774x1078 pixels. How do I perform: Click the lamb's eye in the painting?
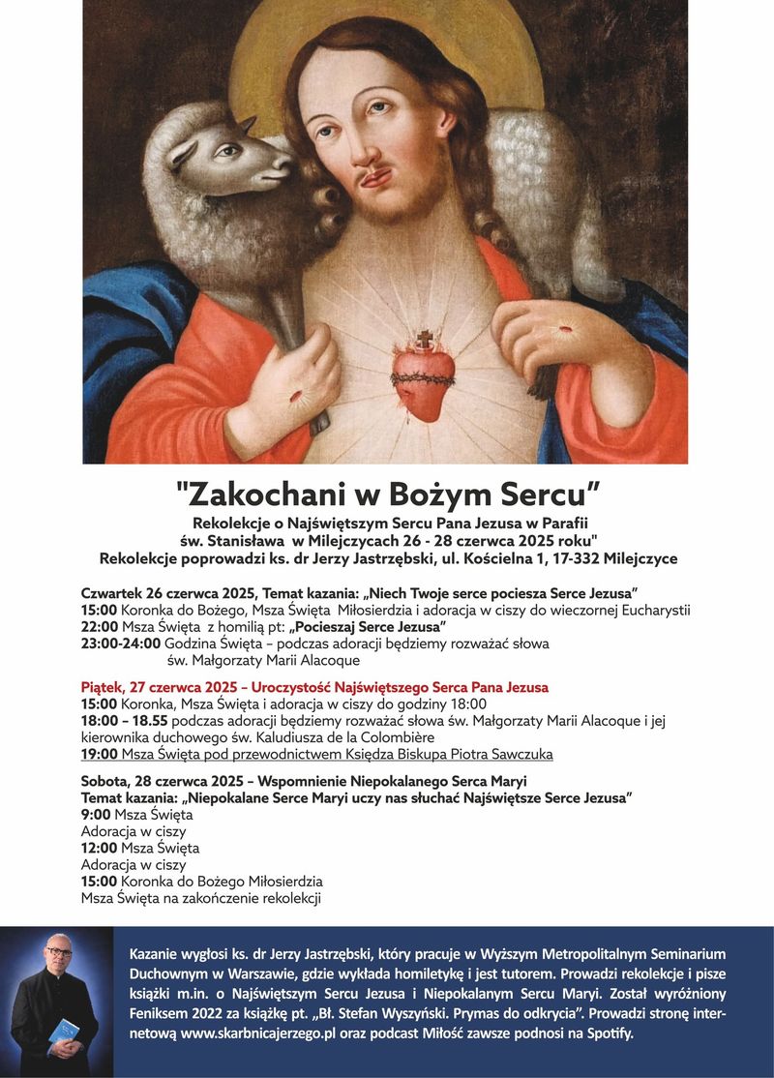click(x=224, y=152)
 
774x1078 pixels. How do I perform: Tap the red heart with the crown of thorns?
click(x=422, y=379)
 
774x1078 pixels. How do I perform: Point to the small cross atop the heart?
click(x=423, y=340)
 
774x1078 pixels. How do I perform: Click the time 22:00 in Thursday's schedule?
click(x=100, y=627)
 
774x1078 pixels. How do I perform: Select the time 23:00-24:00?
click(x=121, y=644)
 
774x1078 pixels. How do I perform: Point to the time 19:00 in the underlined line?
click(x=100, y=754)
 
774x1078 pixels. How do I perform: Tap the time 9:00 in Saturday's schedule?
click(x=96, y=815)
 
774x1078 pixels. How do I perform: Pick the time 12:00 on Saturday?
click(x=100, y=848)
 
